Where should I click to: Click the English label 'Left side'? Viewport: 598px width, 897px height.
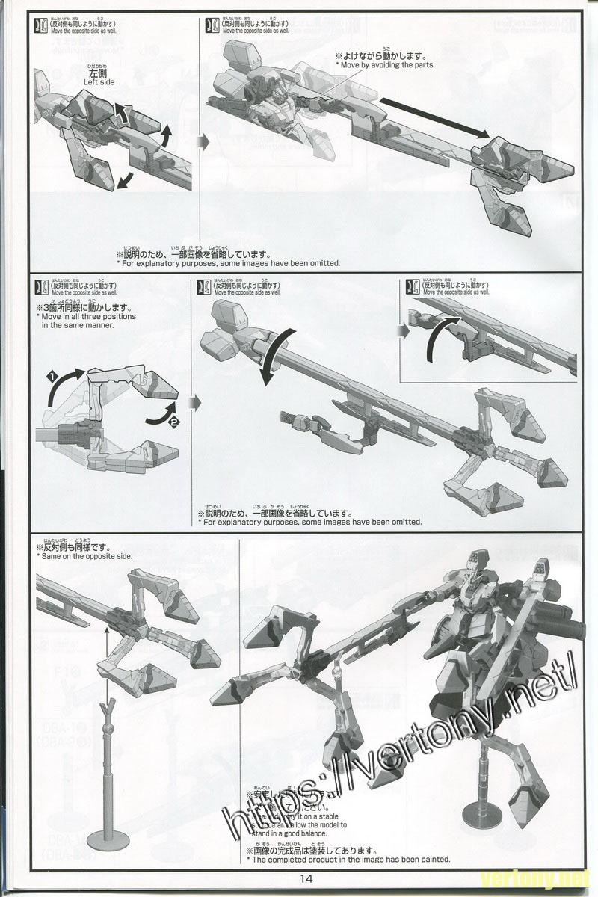tap(96, 82)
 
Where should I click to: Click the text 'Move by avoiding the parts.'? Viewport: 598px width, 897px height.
tap(385, 66)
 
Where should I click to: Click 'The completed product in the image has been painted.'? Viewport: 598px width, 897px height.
tap(348, 860)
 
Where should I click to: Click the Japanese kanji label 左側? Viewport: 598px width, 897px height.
tap(99, 73)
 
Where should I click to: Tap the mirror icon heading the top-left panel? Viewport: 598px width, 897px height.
tap(40, 25)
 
